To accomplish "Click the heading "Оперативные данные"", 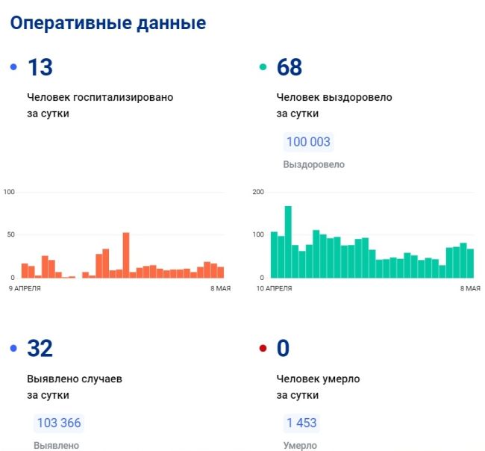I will pyautogui.click(x=107, y=23).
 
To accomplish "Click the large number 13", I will pyautogui.click(x=40, y=68).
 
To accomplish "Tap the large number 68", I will pyautogui.click(x=289, y=68).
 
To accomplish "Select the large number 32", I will pyautogui.click(x=40, y=349).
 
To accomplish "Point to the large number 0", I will pyautogui.click(x=283, y=349).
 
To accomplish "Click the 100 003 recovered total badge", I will pyautogui.click(x=307, y=142).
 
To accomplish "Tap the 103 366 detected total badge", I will pyautogui.click(x=58, y=423).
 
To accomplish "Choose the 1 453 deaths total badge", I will pyautogui.click(x=301, y=423).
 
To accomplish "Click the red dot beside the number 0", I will pyautogui.click(x=262, y=349).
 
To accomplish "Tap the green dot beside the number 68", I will pyautogui.click(x=262, y=68).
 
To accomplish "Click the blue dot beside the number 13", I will pyautogui.click(x=13, y=68).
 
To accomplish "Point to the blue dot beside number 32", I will pyautogui.click(x=13, y=349).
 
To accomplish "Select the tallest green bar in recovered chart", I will pyautogui.click(x=288, y=241).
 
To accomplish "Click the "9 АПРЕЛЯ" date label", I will pyautogui.click(x=25, y=287).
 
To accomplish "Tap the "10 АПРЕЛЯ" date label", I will pyautogui.click(x=275, y=287).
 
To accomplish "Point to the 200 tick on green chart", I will pyautogui.click(x=259, y=193).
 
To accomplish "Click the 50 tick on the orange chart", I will pyautogui.click(x=10, y=235).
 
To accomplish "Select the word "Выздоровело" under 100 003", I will pyautogui.click(x=313, y=164).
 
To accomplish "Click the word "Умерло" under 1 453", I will pyautogui.click(x=300, y=446).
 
